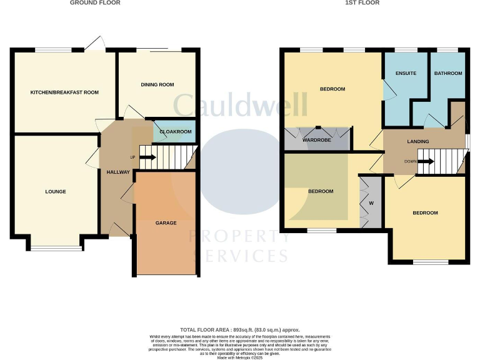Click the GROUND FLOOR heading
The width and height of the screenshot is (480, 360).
click(95, 3)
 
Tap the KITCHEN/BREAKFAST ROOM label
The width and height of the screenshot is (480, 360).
click(65, 92)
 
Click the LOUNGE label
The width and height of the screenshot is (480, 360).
click(56, 192)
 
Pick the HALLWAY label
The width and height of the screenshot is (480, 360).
click(117, 172)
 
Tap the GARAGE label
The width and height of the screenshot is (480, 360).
click(166, 223)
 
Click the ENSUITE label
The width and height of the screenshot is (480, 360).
click(406, 74)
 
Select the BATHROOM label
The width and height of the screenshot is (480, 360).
click(448, 74)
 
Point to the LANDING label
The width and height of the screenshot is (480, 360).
click(418, 142)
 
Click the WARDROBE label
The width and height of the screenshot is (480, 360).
click(316, 140)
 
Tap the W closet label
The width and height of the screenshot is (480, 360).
click(371, 202)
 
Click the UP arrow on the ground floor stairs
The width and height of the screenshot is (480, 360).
click(147, 157)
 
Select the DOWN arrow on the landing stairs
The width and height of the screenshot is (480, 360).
click(424, 162)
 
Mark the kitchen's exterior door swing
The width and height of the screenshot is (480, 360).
click(96, 44)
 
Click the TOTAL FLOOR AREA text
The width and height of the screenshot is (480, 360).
click(239, 329)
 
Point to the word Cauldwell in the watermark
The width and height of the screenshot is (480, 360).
click(241, 104)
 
